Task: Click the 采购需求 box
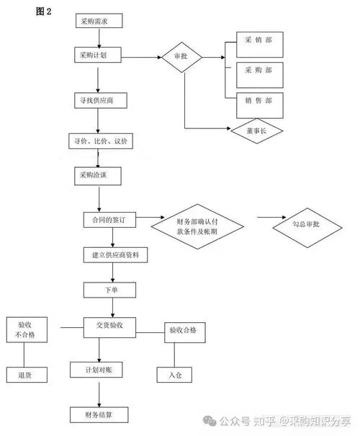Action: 99,21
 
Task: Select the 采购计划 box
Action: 98,55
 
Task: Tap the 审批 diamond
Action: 181,57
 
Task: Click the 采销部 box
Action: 260,45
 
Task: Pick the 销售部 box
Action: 260,106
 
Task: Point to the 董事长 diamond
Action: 257,131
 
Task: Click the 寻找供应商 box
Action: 101,100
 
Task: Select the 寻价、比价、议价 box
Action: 101,141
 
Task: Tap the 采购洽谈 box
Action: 98,176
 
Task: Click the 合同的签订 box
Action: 109,220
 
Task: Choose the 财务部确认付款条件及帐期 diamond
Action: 197,226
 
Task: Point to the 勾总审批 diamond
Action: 307,228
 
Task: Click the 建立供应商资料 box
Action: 115,254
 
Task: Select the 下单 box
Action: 109,290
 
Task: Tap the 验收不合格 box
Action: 27,329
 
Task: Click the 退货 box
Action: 27,375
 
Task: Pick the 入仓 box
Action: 174,375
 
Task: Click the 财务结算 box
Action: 99,415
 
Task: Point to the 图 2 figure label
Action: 44,12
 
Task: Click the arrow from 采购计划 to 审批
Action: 141,57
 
